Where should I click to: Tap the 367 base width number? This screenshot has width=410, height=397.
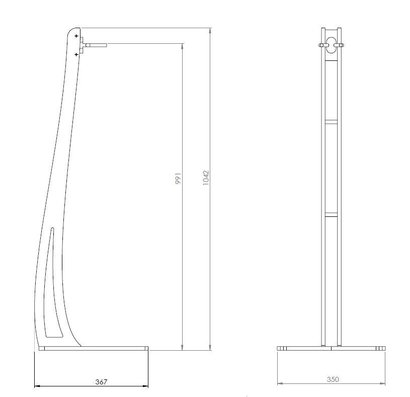point(101,382)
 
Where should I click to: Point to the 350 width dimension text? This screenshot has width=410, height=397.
point(333,379)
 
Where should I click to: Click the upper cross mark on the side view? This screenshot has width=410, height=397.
point(76,37)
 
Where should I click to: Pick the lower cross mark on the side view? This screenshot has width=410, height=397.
point(76,53)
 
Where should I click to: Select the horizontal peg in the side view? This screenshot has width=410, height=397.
point(96,45)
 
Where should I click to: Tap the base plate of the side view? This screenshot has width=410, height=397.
point(94,348)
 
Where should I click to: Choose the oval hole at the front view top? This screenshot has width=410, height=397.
point(332,45)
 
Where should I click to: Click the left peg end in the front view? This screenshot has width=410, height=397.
point(320,46)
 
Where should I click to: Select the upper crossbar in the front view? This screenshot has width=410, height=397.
point(332,121)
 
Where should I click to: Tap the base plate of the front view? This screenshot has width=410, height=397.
point(332,348)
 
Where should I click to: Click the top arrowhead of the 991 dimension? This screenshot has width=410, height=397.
point(182,47)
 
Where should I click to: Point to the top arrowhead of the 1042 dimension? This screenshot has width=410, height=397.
point(210,30)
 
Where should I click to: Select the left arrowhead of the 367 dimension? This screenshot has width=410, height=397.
point(36,386)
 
